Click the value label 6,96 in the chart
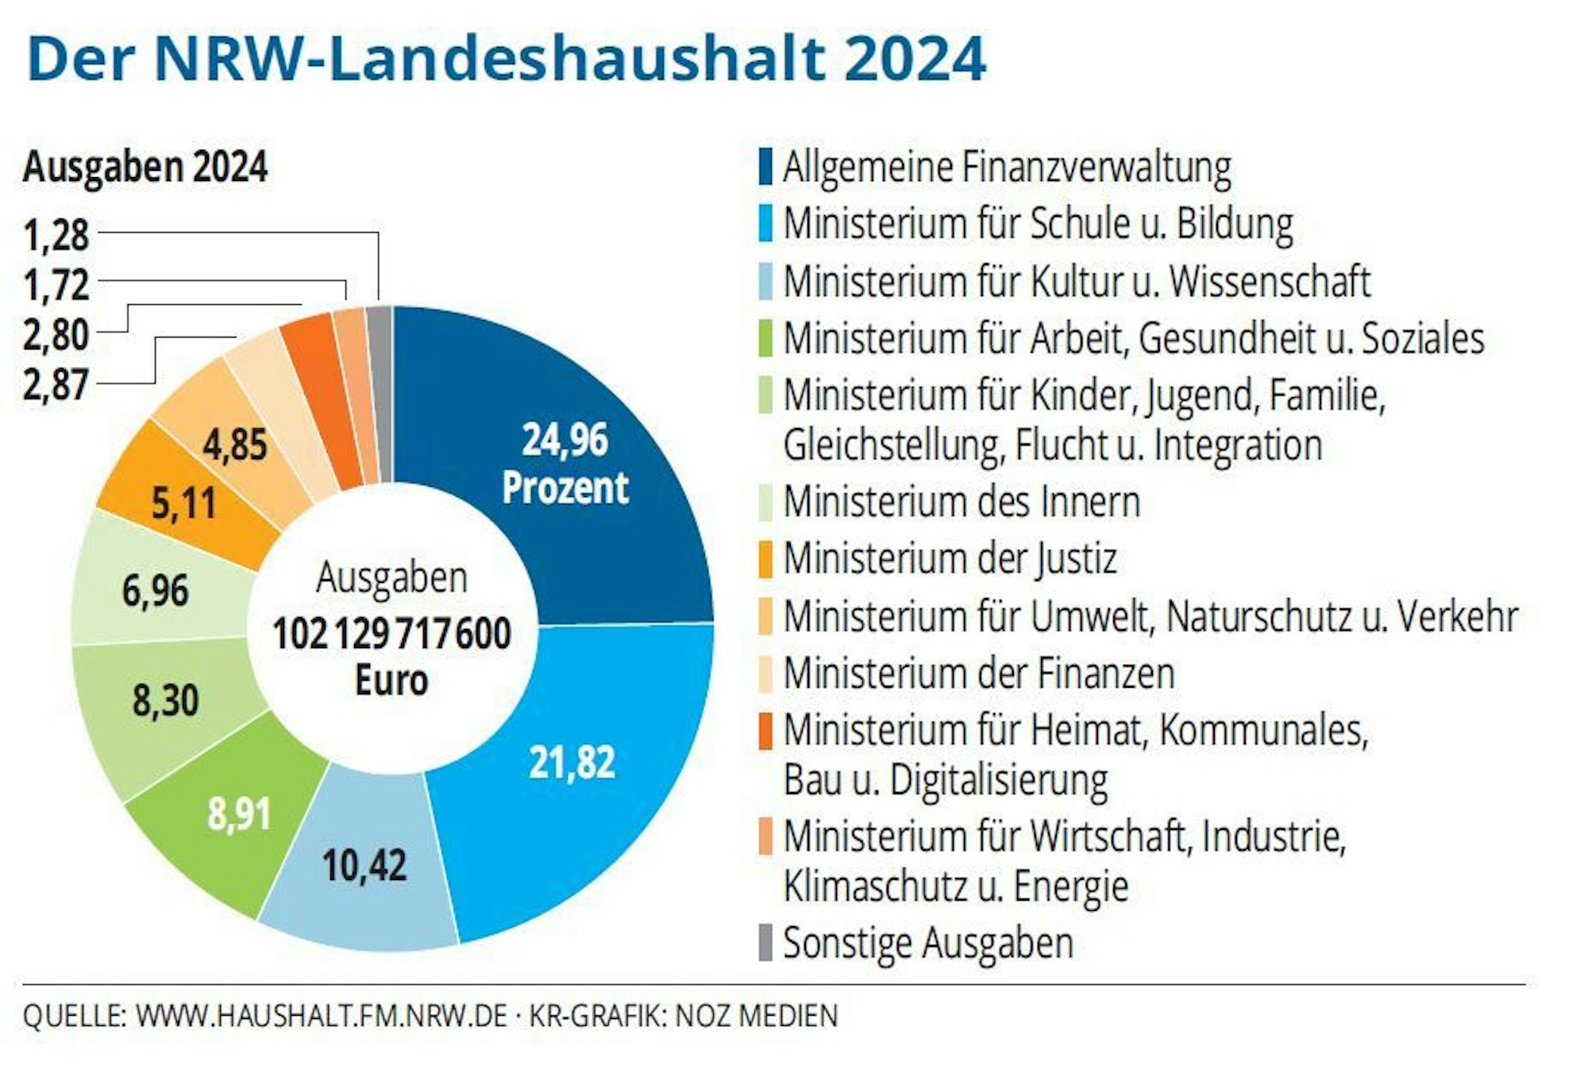coord(155,591)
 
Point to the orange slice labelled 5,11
coord(183,503)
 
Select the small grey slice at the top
coord(380,393)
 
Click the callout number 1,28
coord(56,235)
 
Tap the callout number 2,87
coord(56,384)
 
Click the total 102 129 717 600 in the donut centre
coord(391,634)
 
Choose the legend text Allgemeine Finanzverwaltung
coord(1006,168)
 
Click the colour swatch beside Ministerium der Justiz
coord(765,558)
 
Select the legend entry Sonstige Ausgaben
coord(927,943)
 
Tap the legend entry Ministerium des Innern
coord(961,502)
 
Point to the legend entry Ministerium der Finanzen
coord(978,673)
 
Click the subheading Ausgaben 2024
coord(145,168)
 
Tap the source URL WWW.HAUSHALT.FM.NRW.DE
coord(321,1016)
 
